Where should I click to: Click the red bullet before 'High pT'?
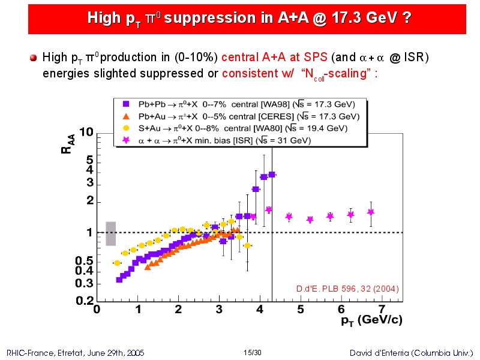point(34,58)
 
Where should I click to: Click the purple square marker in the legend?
point(126,104)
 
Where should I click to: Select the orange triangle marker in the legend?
point(126,116)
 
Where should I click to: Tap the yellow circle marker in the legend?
point(126,128)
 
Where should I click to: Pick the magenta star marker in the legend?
point(126,140)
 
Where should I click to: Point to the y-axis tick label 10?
point(86,132)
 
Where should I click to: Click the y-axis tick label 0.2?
point(85,301)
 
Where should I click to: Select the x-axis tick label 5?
point(301,310)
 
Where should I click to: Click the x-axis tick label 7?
point(382,310)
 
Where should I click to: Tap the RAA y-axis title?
point(68,144)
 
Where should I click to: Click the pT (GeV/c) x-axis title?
point(371,320)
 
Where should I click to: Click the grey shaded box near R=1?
point(111,233)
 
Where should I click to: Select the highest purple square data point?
point(272,175)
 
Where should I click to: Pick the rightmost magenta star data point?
point(371,212)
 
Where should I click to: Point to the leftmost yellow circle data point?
point(117,263)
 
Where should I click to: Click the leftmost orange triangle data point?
point(148,267)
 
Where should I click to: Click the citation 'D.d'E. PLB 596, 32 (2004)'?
point(347,289)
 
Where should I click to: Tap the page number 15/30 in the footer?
point(253,353)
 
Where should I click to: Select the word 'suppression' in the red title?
point(209,17)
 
